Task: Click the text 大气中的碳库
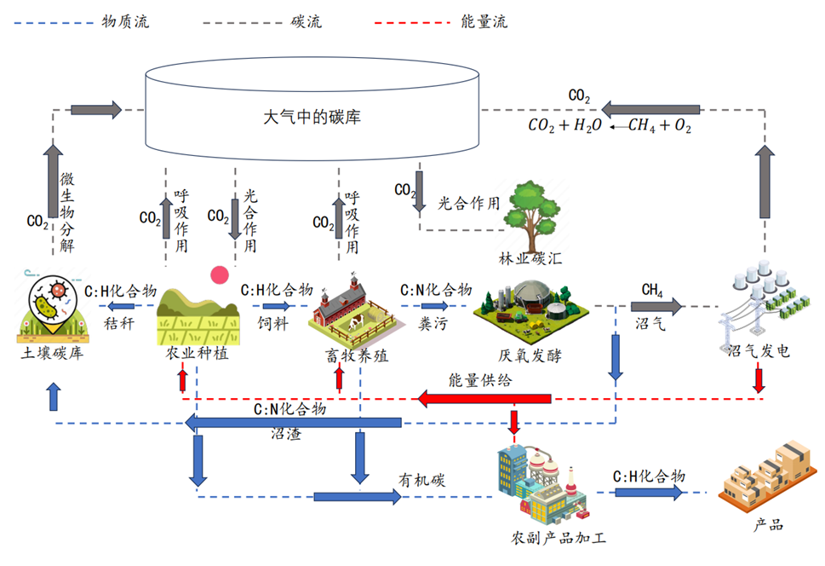[312, 117]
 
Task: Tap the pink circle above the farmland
[221, 274]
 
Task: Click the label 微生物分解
[68, 213]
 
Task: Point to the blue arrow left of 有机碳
[358, 497]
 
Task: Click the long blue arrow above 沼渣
[294, 423]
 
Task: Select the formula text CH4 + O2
[659, 126]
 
